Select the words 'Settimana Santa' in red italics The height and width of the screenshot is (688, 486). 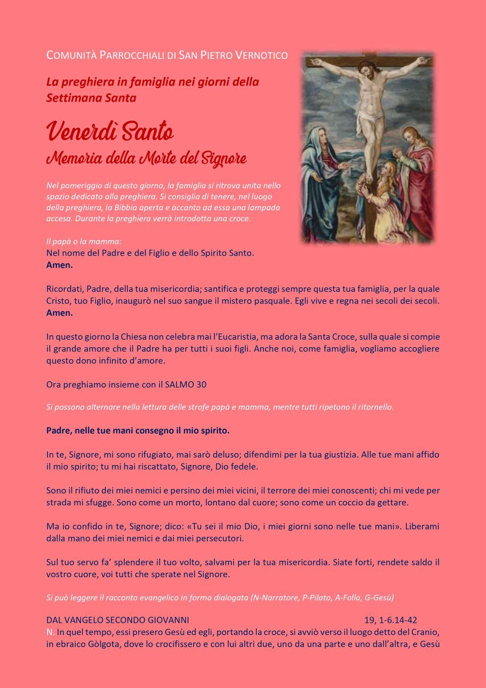[x=91, y=98]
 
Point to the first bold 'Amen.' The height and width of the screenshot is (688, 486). [x=59, y=265]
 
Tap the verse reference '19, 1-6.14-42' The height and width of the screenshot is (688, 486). [x=391, y=620]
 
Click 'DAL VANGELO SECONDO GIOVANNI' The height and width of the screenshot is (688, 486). [x=117, y=620]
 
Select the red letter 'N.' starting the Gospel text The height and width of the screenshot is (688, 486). [x=50, y=632]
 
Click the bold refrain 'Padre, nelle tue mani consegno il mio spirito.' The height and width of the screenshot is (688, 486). [x=138, y=430]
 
